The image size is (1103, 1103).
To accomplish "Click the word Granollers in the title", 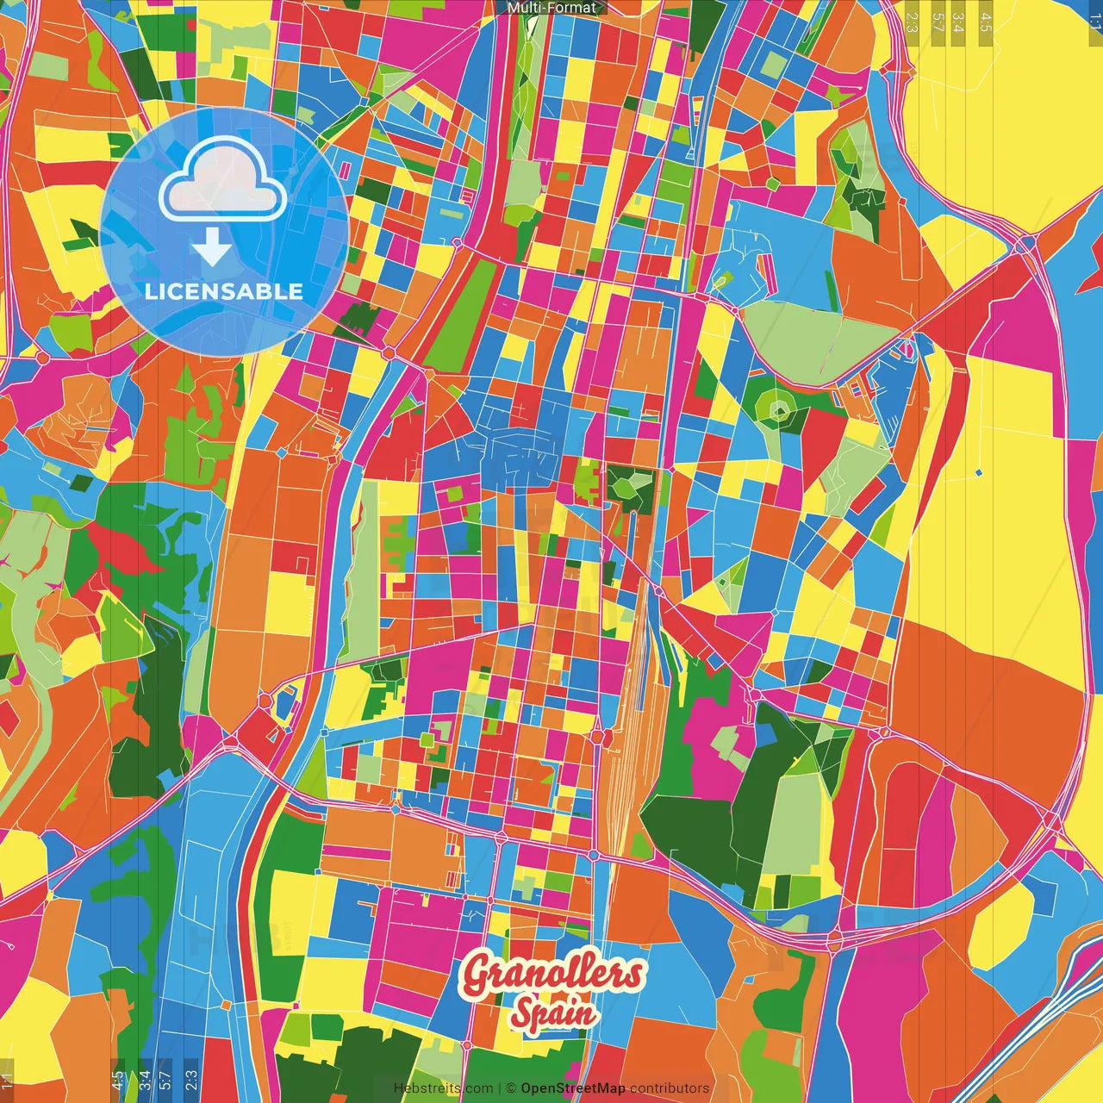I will [552, 974].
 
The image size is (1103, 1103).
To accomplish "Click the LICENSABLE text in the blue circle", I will [224, 291].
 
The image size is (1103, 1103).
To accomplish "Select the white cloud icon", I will [222, 180].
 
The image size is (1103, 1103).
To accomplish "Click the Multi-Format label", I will [551, 8].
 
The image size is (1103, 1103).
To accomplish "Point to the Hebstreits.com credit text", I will [443, 1088].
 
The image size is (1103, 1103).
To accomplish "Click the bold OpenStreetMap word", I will [572, 1088].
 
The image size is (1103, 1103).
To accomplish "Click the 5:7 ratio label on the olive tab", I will [938, 22].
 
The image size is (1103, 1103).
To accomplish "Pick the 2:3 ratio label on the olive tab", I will [912, 22].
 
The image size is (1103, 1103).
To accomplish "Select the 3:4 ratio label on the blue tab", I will [144, 1080].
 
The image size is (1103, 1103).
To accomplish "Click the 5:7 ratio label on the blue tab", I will [165, 1080].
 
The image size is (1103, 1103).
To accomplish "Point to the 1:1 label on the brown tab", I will [7, 1080].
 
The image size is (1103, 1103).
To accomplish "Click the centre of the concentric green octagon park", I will [779, 410].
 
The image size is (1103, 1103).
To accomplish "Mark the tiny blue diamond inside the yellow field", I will [980, 472].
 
